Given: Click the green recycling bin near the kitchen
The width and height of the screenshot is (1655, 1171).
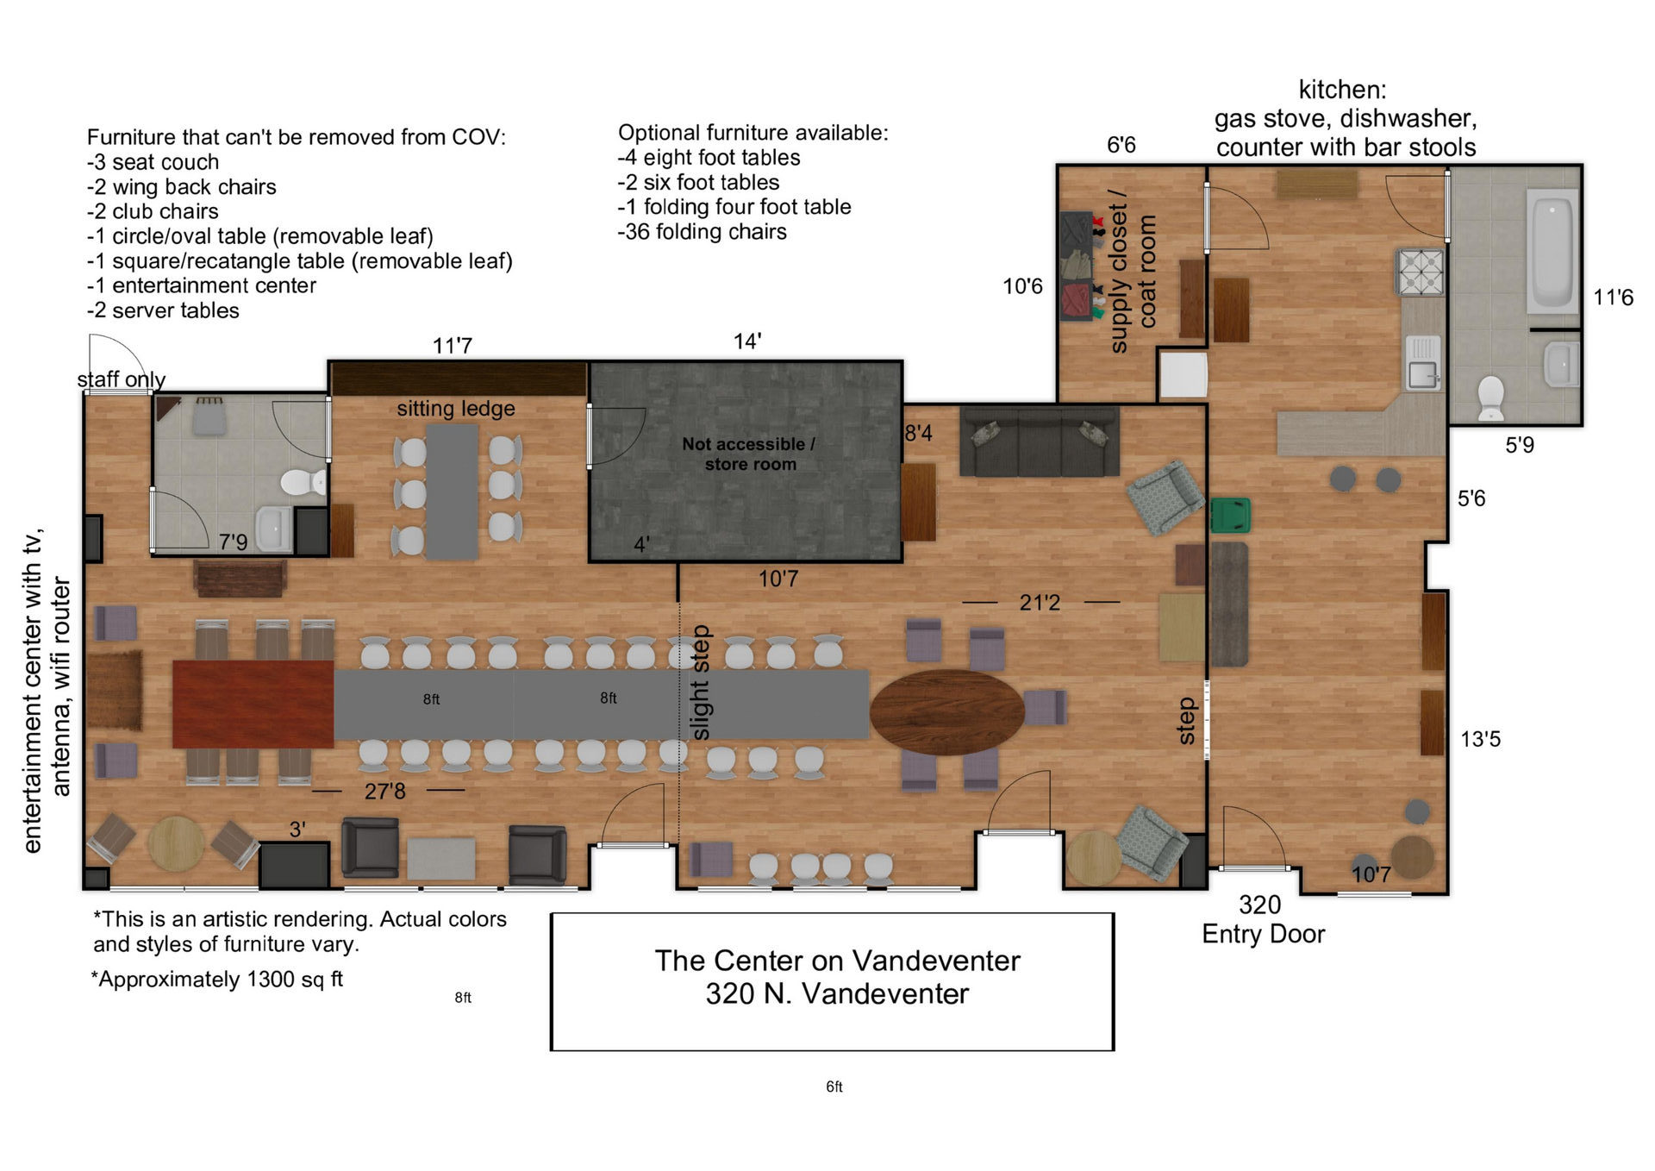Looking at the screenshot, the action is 1230,515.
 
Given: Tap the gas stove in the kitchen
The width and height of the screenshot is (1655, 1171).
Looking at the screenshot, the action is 1421,271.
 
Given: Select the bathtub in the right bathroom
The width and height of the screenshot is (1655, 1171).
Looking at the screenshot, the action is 1553,251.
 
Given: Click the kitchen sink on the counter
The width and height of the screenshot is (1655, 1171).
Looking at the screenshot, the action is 1423,362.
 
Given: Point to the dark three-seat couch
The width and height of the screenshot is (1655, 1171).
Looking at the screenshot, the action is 1040,441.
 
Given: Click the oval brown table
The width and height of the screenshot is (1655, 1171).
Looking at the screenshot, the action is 946,712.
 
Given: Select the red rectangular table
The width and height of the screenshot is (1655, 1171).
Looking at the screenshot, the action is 253,704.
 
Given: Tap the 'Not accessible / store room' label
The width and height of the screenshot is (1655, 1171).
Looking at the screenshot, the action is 749,454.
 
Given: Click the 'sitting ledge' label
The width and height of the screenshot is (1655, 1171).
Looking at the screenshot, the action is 456,409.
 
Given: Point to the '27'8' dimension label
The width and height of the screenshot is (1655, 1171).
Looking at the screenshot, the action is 384,791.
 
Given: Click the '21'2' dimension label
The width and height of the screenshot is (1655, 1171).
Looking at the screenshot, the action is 1040,602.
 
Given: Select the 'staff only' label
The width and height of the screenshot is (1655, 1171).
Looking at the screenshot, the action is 121,379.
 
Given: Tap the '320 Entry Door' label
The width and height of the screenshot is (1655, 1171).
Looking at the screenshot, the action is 1263,919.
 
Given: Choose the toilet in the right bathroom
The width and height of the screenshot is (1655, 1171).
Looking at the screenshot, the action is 1490,398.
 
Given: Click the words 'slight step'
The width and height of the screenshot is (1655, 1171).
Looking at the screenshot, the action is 700,682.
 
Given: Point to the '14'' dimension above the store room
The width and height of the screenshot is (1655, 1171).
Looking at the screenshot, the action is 747,341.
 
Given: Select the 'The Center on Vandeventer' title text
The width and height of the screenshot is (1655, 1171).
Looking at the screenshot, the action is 837,961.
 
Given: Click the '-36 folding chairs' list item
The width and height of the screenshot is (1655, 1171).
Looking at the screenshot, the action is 702,232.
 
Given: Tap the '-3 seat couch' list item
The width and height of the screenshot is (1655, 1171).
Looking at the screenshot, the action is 153,162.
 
